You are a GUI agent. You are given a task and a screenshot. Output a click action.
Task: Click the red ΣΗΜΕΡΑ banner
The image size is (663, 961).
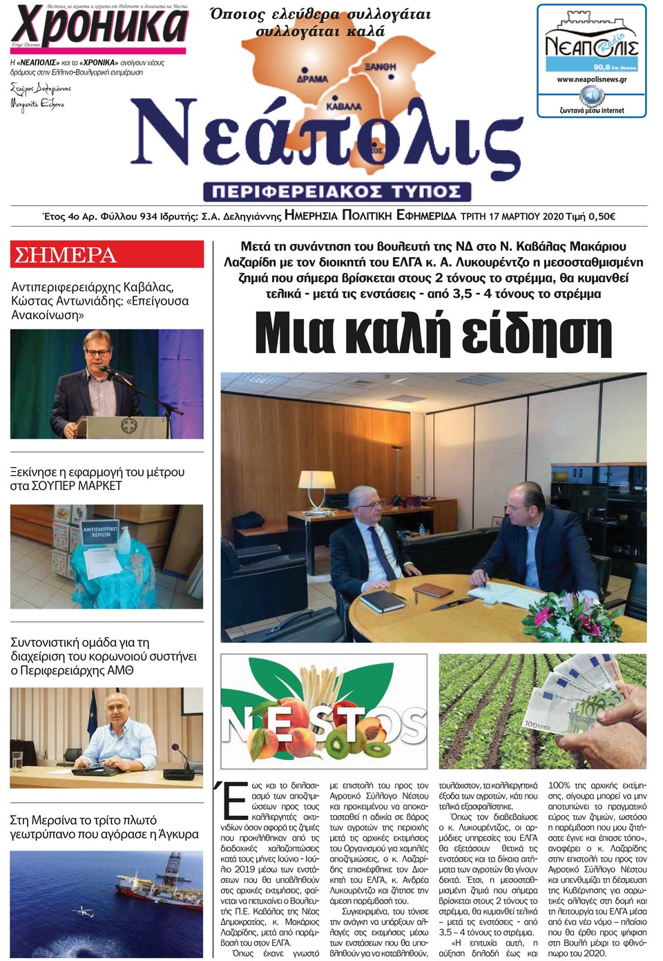[x=107, y=254]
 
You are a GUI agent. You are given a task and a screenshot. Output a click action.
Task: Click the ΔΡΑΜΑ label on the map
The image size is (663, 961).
[x=312, y=79]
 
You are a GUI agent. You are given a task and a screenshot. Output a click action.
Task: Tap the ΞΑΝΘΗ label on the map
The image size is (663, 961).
[x=381, y=66]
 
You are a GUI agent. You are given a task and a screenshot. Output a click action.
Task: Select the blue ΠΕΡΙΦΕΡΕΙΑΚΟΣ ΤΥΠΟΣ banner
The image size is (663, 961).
[x=337, y=191]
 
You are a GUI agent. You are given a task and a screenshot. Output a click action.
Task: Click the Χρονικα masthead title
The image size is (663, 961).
[x=99, y=26]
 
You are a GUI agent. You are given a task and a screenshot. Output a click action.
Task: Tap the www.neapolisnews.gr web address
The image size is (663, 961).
[x=592, y=79]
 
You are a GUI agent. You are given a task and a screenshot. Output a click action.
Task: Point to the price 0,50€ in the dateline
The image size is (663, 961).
[x=602, y=216]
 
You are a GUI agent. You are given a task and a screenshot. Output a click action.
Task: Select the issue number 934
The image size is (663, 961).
[x=148, y=216]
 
